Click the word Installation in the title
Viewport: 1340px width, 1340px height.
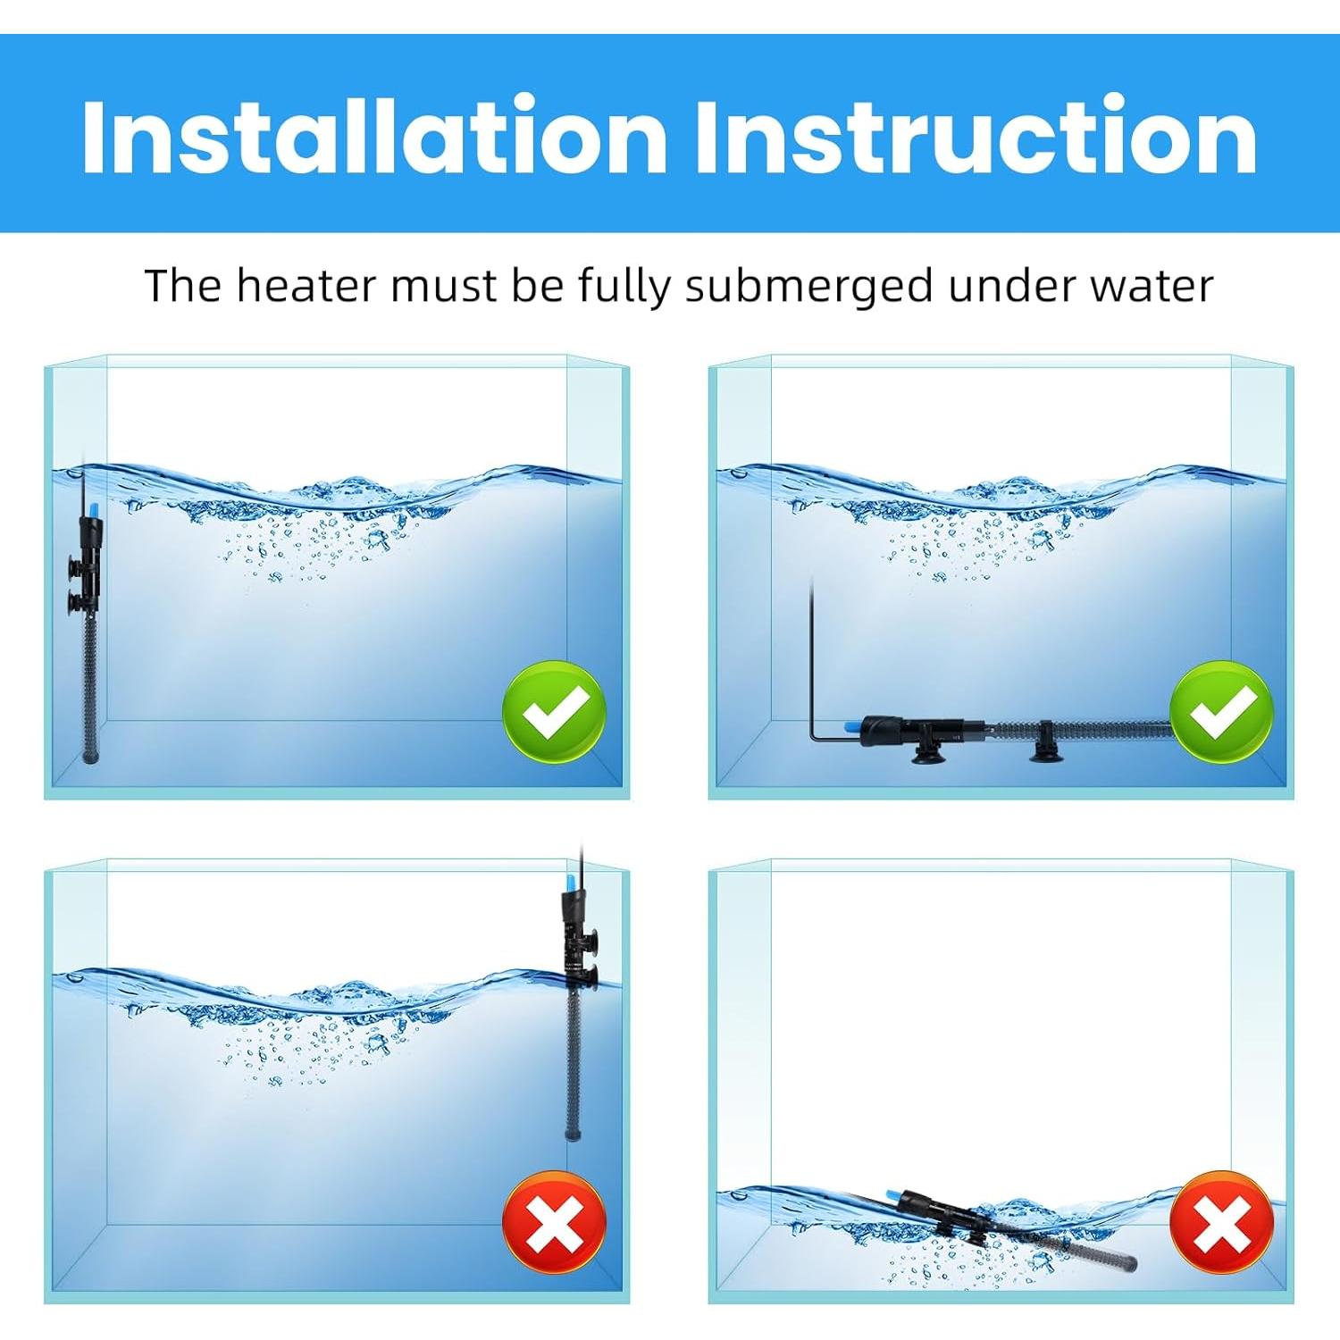[374, 138]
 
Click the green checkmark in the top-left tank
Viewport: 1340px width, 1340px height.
[554, 712]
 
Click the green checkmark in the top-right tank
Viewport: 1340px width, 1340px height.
[1221, 712]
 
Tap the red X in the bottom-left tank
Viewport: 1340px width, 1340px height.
[554, 1221]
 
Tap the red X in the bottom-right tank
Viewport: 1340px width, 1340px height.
[1221, 1221]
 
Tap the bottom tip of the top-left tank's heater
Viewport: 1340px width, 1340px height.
[89, 758]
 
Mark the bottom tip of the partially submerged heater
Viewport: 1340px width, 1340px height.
[572, 1135]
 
